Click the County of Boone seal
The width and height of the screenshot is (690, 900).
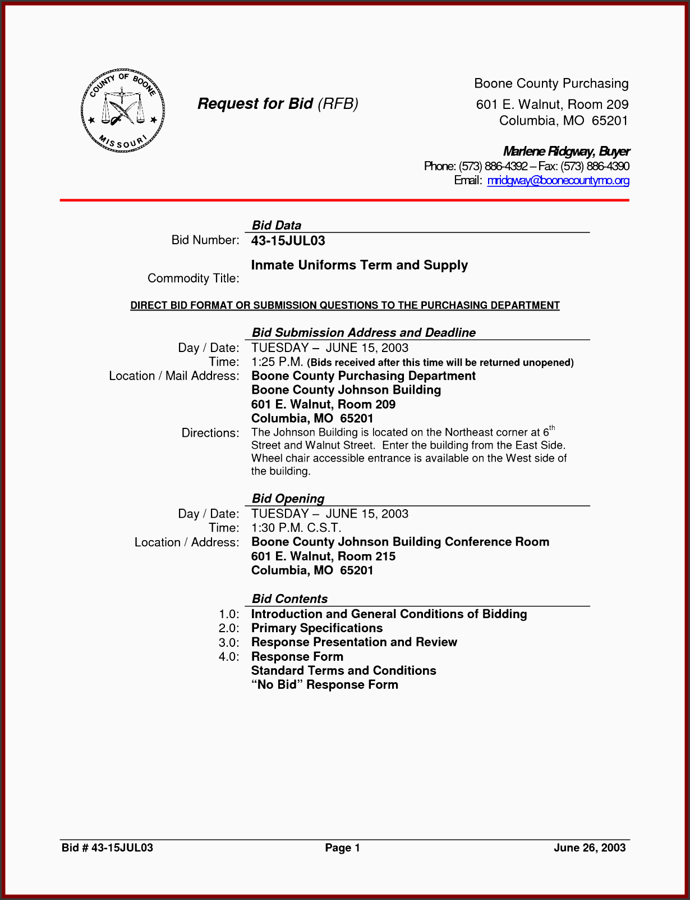123,111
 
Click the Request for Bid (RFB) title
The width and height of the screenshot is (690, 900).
278,104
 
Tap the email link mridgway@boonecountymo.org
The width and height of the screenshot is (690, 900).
558,180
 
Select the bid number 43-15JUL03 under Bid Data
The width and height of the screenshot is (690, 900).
288,241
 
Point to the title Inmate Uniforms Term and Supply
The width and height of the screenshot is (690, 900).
359,265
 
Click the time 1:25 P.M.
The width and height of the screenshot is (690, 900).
277,362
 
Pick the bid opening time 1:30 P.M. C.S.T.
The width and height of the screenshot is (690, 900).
296,528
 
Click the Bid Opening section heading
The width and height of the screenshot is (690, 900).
288,499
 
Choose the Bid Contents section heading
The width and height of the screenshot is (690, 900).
289,599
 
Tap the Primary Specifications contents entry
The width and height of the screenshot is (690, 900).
316,628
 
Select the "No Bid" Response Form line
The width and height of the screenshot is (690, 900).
324,685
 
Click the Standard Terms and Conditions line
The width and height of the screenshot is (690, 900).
343,671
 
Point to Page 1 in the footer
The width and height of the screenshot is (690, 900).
342,848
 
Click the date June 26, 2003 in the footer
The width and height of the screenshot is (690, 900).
589,848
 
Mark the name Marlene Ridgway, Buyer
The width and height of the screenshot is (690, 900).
566,151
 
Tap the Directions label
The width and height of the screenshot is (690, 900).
210,433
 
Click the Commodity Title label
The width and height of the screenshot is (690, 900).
193,278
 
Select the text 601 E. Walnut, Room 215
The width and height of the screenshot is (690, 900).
323,556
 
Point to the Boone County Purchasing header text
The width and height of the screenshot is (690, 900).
551,84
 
